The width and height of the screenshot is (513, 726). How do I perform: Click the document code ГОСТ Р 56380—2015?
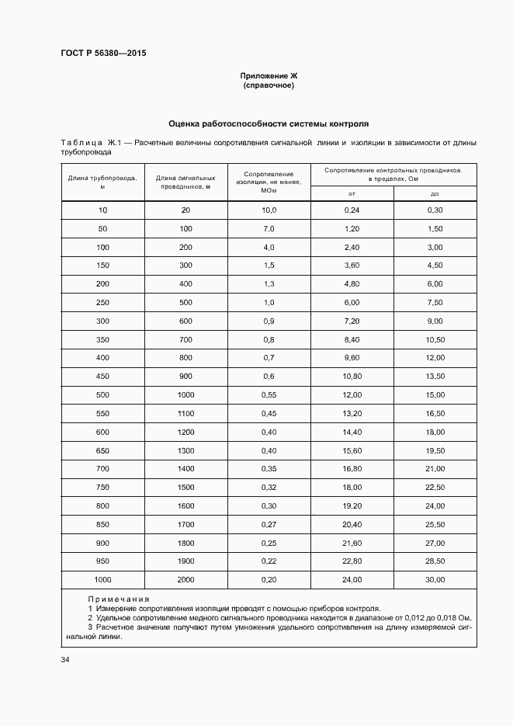click(x=103, y=54)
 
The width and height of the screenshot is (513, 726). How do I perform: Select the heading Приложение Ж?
click(x=269, y=75)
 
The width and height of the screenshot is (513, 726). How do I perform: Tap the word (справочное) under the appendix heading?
click(x=269, y=85)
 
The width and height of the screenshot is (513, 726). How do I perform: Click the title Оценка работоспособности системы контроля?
click(x=269, y=123)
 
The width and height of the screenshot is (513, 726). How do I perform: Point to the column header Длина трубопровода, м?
click(x=102, y=182)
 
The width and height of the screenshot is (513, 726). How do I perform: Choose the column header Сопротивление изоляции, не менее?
click(x=269, y=182)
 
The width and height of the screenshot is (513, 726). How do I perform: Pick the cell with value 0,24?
click(x=352, y=210)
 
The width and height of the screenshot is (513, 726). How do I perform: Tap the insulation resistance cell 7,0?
click(x=269, y=229)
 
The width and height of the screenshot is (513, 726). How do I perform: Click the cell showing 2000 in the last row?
click(x=185, y=580)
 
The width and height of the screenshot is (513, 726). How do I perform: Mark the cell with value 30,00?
click(x=435, y=580)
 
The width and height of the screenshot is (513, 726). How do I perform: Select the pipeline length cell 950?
click(x=102, y=561)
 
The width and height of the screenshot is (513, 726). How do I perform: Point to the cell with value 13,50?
click(x=435, y=377)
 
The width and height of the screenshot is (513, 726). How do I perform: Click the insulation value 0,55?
click(x=269, y=395)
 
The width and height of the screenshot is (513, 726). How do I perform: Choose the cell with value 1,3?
click(x=269, y=284)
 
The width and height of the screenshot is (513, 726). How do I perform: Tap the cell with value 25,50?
click(x=435, y=525)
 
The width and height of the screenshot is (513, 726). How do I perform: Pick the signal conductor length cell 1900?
click(x=185, y=561)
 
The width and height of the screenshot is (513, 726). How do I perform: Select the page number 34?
click(x=65, y=660)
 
